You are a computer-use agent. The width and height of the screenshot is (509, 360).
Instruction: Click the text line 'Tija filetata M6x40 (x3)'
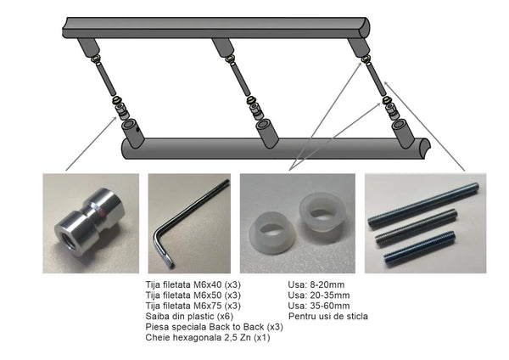pyautogui.click(x=193, y=284)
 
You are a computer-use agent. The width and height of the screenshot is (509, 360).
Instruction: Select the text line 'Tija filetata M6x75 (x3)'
pyautogui.click(x=193, y=306)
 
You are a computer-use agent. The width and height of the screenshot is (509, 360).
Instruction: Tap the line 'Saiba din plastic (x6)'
pyautogui.click(x=189, y=316)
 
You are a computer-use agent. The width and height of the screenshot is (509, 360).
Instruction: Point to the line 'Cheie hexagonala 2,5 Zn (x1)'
pyautogui.click(x=208, y=337)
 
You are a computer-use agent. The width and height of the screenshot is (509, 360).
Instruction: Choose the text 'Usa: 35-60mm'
pyautogui.click(x=319, y=306)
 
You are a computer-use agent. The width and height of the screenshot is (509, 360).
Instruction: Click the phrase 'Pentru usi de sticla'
pyautogui.click(x=328, y=316)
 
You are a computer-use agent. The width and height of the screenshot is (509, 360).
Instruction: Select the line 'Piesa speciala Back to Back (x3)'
pyautogui.click(x=215, y=327)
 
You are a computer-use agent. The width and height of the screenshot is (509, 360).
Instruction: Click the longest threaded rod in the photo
pyautogui.click(x=423, y=205)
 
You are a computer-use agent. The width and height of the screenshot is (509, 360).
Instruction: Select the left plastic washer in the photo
pyautogui.click(x=272, y=233)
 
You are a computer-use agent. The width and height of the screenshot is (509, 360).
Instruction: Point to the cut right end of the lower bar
pyautogui.click(x=425, y=148)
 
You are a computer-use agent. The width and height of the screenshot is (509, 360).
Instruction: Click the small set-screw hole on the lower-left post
pyautogui.click(x=138, y=130)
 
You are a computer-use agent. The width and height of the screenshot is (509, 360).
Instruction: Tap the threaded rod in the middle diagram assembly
pyautogui.click(x=241, y=78)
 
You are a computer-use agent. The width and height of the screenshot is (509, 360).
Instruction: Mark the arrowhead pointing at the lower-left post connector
pyautogui.click(x=115, y=118)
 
